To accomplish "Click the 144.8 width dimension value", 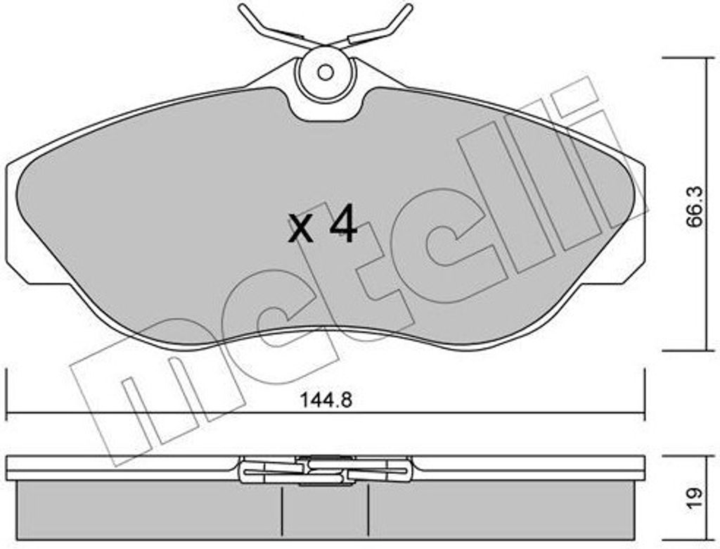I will click(326, 400).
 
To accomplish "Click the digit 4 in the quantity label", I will click(342, 227).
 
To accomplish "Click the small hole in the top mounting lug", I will click(325, 72).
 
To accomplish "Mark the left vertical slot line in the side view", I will click(281, 512).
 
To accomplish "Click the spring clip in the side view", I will click(325, 469).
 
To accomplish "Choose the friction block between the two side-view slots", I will click(326, 512).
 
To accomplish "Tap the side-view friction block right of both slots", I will click(506, 512).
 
